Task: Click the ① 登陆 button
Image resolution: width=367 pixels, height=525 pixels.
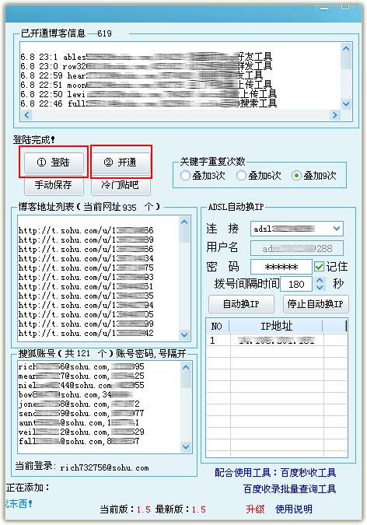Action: (x=54, y=163)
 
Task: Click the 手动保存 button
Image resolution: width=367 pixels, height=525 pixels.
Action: (x=53, y=185)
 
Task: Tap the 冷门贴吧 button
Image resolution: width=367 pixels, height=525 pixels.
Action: (x=120, y=185)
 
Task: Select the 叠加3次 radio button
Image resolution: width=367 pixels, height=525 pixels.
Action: (x=185, y=176)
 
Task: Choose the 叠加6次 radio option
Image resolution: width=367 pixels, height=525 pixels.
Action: (x=241, y=176)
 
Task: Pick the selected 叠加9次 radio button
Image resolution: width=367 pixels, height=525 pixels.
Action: (x=296, y=176)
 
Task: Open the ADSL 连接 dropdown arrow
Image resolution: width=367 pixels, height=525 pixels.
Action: (x=336, y=229)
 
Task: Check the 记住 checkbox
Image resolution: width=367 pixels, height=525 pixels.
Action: (x=319, y=267)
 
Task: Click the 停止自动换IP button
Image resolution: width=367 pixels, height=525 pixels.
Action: (x=316, y=303)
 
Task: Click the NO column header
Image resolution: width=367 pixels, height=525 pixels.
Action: (x=216, y=326)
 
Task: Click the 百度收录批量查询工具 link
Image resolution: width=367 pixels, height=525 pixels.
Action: (x=289, y=489)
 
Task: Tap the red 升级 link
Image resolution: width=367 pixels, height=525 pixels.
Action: (x=255, y=509)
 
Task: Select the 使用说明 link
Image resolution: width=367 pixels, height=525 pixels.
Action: (x=294, y=509)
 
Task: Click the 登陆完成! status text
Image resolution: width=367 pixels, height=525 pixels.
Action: (x=35, y=140)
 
